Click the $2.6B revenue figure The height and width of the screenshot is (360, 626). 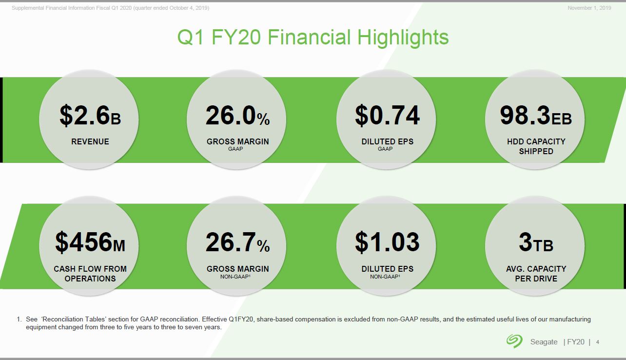90,116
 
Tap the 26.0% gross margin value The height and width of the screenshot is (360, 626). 238,116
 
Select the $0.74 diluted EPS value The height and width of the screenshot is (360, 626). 387,116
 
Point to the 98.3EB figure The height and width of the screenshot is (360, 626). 536,116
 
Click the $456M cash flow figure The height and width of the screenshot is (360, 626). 90,242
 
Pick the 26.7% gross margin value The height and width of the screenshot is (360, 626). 238,242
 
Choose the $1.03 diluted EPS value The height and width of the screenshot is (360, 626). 387,242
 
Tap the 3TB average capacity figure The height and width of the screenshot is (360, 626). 536,242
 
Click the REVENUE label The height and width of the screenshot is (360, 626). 90,141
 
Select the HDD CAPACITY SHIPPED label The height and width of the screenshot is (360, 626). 536,146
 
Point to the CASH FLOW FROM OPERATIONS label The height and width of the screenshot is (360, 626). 90,274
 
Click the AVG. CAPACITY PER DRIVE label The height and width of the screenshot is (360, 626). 536,274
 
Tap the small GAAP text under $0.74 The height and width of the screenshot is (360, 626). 385,149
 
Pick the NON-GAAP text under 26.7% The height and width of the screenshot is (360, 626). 235,277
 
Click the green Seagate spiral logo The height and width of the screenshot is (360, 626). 514,341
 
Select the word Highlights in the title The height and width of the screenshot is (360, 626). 403,38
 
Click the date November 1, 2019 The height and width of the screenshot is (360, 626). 589,8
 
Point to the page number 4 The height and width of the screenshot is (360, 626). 598,342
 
